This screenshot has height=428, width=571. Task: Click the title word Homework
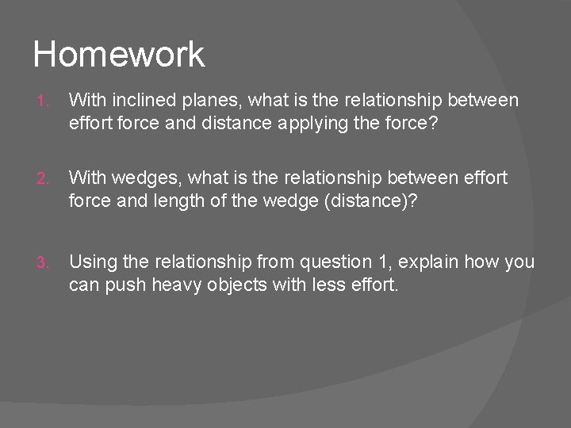pos(119,55)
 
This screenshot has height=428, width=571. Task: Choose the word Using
pos(91,262)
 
